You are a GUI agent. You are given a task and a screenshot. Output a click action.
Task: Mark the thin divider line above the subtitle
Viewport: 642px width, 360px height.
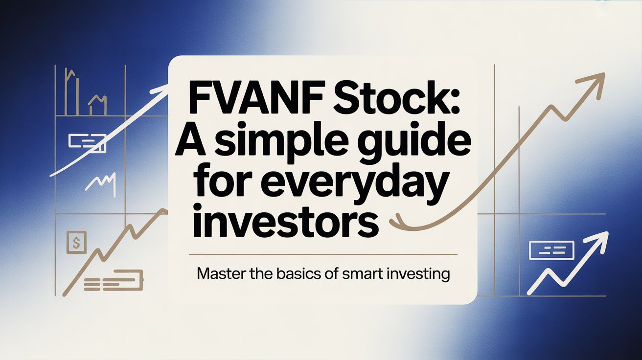click(x=323, y=254)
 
